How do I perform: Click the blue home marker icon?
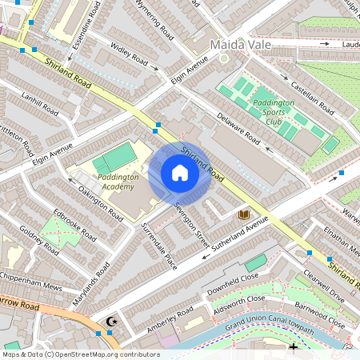pos(180,173)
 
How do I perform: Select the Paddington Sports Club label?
pos(274,108)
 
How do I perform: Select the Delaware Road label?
pos(238,128)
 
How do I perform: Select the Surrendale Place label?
pos(158,246)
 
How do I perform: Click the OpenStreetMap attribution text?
pos(81,354)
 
